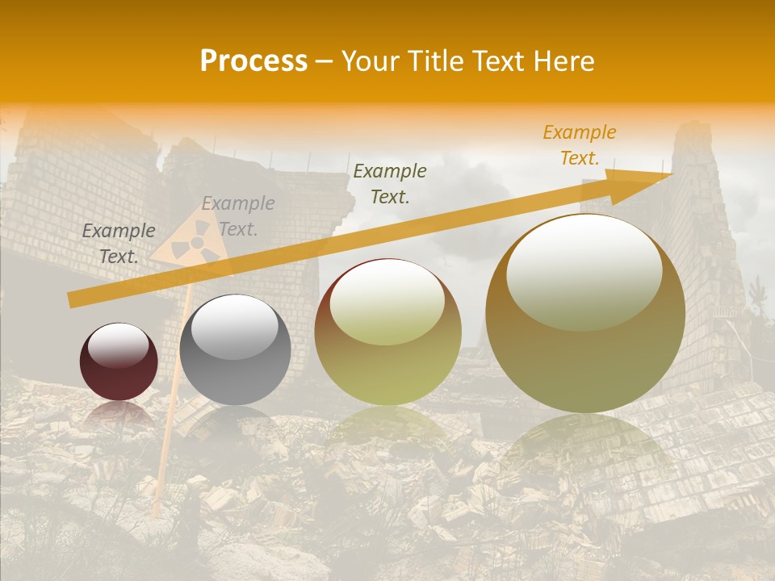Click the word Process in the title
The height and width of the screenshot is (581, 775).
click(x=253, y=61)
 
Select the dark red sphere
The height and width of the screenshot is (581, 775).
click(x=119, y=362)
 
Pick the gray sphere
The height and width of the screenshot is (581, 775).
click(x=235, y=350)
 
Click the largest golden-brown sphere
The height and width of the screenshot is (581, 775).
click(x=585, y=314)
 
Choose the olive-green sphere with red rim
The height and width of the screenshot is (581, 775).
click(x=388, y=332)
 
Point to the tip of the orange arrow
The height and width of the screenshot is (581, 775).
click(x=670, y=173)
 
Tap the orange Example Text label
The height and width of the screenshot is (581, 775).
click(x=579, y=145)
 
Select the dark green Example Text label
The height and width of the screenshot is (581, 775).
click(x=390, y=183)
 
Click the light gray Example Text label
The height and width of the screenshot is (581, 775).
click(x=238, y=216)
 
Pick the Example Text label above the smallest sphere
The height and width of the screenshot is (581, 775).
click(x=119, y=244)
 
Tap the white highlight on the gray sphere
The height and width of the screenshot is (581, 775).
click(x=234, y=326)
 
